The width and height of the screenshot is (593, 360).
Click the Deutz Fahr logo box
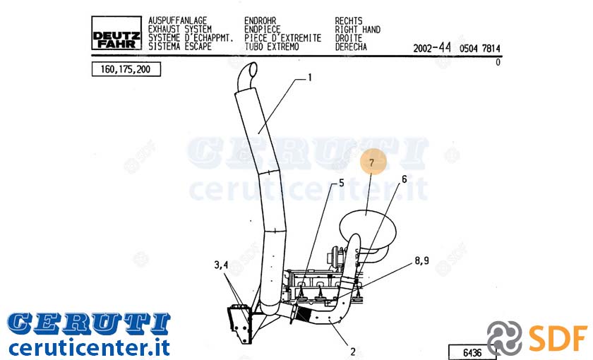pos(116,33)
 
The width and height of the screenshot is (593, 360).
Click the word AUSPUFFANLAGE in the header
pos(177,20)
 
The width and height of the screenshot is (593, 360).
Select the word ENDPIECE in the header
pos(263,30)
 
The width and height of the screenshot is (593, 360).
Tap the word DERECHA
pos(351,47)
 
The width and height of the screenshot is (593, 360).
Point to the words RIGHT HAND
pos(358,30)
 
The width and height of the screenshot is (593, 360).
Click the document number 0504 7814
pos(479,49)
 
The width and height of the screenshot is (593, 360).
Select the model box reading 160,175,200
pos(126,69)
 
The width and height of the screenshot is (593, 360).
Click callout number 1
pos(310,78)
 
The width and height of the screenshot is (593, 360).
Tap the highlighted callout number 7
pos(372,162)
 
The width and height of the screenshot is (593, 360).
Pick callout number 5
pos(342,183)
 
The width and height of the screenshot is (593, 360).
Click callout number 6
pos(405,179)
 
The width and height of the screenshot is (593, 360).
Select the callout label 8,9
pos(421,260)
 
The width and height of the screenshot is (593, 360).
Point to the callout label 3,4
pos(221,265)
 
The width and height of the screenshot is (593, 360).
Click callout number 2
pos(352,352)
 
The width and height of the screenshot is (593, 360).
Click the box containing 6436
pos(472,352)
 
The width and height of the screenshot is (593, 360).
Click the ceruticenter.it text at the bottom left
pos(89,347)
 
